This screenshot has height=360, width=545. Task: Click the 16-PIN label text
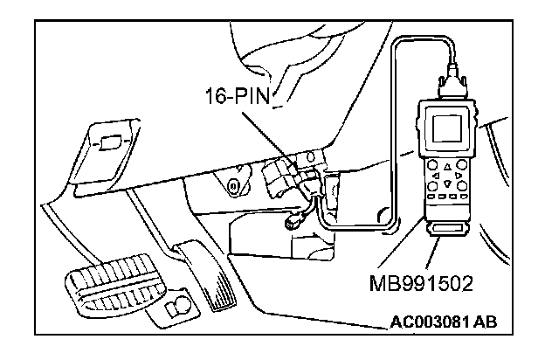237,95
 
